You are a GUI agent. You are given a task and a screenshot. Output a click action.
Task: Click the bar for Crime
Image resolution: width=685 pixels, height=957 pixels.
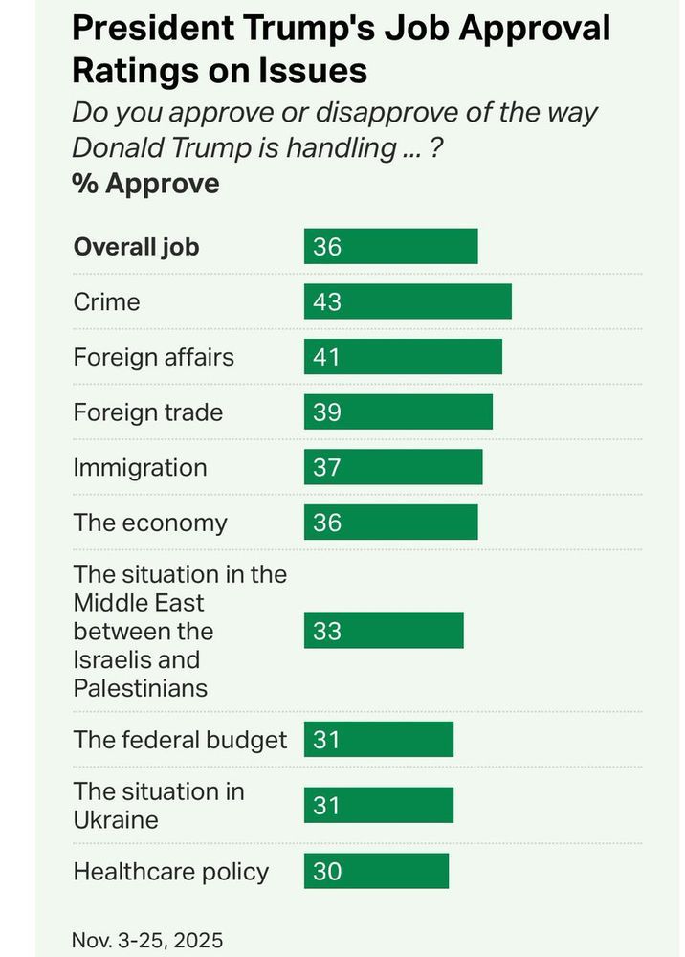tap(408, 301)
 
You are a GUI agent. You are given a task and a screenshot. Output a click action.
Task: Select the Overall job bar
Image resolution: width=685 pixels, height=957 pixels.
tap(390, 247)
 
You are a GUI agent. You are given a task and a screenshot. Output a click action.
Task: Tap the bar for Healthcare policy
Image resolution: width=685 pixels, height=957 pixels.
tap(376, 872)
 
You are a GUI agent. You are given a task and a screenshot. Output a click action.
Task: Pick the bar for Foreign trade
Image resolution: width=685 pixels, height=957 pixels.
tap(398, 412)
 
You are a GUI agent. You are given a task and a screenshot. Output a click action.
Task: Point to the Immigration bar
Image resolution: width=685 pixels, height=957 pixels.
tap(393, 468)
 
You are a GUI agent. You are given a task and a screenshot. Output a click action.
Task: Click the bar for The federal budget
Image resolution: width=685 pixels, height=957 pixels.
tap(379, 740)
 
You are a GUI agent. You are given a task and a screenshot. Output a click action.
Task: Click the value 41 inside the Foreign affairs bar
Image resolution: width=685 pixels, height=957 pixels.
tap(327, 357)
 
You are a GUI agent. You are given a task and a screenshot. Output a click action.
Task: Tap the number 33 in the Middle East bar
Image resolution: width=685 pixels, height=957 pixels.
tap(327, 632)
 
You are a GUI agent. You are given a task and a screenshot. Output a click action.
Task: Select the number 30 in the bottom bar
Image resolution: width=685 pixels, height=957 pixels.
tap(327, 872)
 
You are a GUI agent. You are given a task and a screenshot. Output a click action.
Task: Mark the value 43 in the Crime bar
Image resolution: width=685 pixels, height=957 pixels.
tap(327, 301)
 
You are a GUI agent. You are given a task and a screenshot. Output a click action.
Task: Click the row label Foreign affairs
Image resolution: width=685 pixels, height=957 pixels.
tap(153, 357)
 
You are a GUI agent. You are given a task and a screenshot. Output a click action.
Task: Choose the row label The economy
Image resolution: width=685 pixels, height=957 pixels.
tap(150, 523)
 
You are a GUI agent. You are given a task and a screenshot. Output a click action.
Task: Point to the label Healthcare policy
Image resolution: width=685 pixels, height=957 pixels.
tap(171, 872)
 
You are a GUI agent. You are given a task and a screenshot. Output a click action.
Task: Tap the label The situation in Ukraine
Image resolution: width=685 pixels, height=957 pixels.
tap(159, 805)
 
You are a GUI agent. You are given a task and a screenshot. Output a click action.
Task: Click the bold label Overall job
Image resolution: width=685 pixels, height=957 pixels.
tap(137, 247)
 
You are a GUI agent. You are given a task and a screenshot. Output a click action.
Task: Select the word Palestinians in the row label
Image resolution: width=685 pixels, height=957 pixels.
tap(141, 688)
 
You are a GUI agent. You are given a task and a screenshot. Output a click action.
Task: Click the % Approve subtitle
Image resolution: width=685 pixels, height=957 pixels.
tap(145, 183)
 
